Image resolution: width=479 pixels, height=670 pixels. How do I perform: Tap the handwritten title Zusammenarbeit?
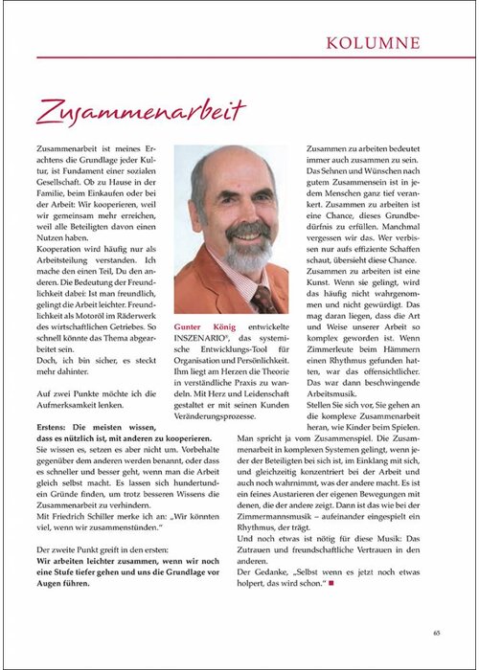click(x=141, y=111)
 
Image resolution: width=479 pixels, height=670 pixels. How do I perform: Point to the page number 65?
click(x=436, y=632)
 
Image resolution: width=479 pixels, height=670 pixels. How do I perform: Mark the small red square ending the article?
click(x=331, y=582)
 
